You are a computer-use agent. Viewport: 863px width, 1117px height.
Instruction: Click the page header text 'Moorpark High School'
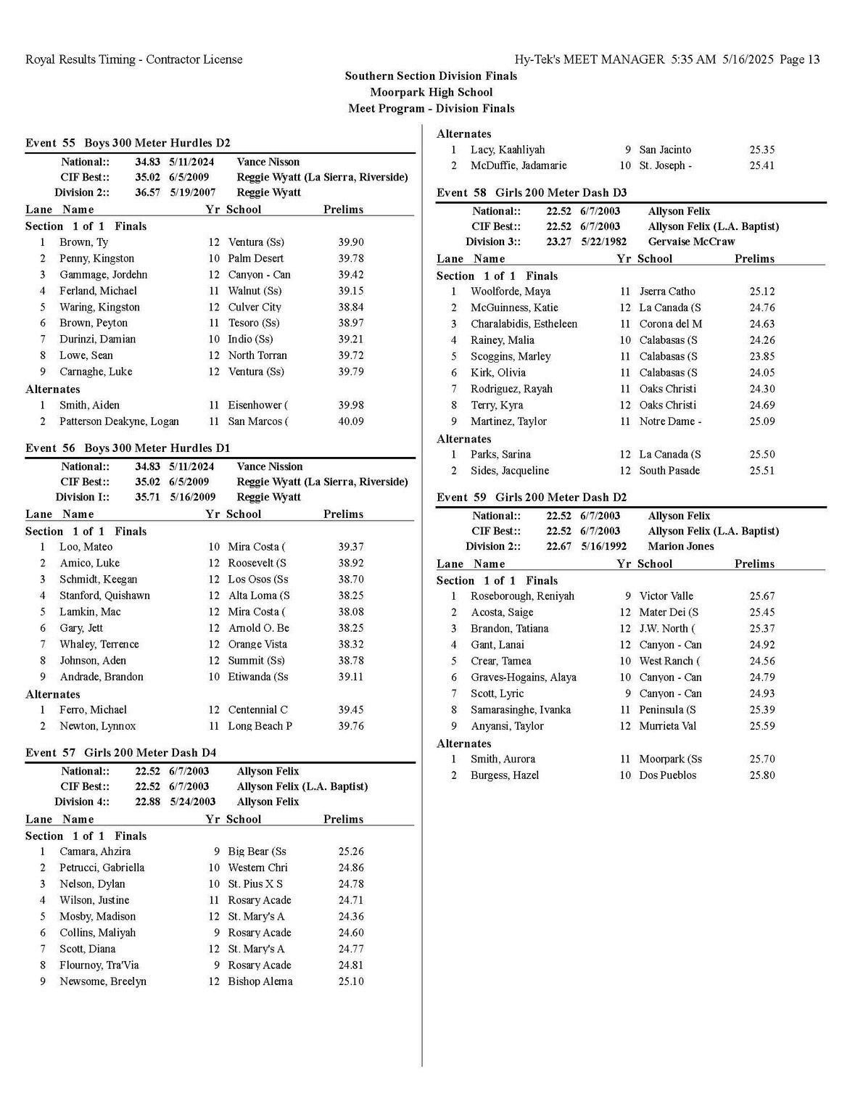tap(431, 92)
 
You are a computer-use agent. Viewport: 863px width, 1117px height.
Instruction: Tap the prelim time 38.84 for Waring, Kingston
tap(351, 308)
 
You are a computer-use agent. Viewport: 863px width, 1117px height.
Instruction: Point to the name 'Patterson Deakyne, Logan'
tap(119, 421)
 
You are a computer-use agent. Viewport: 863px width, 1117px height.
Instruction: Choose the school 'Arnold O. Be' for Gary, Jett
tap(258, 628)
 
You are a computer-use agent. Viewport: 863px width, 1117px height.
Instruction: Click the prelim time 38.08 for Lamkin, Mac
tap(351, 612)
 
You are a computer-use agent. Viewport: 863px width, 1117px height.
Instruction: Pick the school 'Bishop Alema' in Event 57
tap(260, 981)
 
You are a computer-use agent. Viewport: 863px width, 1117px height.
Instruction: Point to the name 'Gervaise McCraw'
tap(691, 242)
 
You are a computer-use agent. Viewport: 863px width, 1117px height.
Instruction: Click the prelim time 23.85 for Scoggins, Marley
tap(762, 357)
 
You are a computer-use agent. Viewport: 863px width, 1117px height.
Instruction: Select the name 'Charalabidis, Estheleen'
tap(524, 324)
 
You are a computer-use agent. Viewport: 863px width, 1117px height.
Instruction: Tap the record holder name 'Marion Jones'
tap(680, 546)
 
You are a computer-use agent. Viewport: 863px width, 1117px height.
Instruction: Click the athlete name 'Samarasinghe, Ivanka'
tap(520, 710)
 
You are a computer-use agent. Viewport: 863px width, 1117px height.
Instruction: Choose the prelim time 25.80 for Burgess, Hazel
tap(762, 775)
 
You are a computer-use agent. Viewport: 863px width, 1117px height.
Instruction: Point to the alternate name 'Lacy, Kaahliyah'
tap(507, 150)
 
